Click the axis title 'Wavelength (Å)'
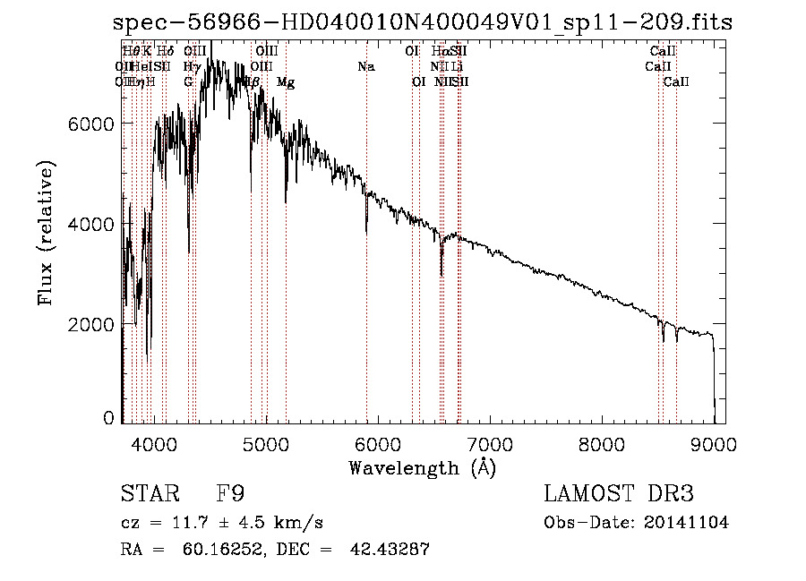[423, 467]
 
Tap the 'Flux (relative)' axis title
[47, 233]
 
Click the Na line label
[365, 67]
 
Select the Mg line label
[286, 82]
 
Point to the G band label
[189, 82]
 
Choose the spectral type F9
[231, 494]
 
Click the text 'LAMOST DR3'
[618, 494]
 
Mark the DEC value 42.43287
[390, 551]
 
